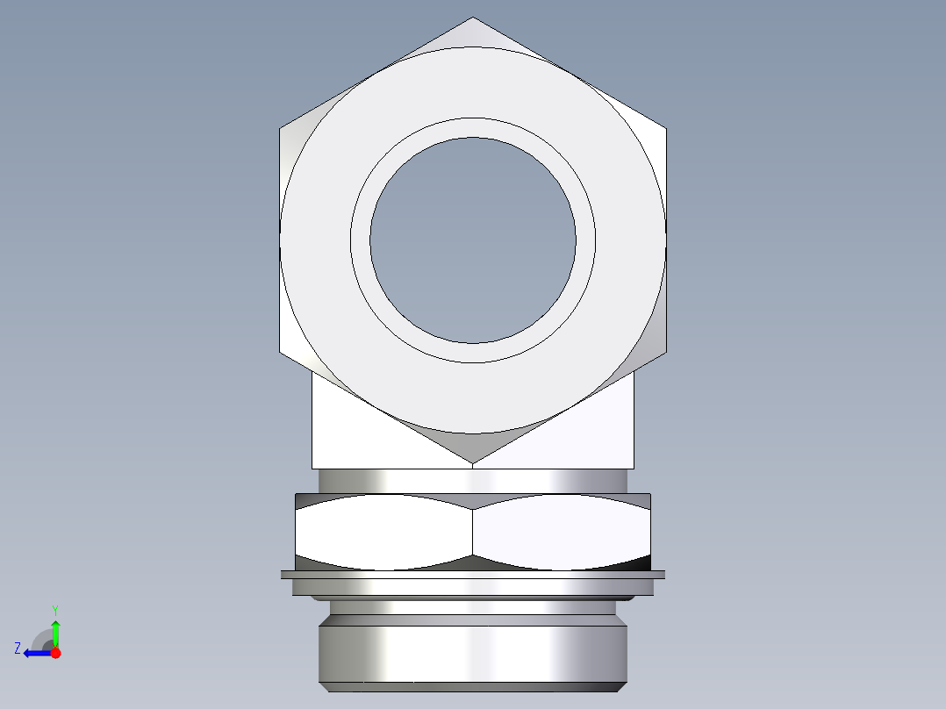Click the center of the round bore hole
point(473,240)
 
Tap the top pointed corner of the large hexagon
point(473,18)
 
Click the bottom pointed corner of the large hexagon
point(473,463)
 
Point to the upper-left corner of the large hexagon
point(281,129)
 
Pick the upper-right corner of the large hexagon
point(665,129)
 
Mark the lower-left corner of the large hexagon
point(281,353)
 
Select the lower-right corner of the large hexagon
point(665,353)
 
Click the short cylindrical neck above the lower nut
point(473,480)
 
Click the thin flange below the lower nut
point(473,575)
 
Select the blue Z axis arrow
point(35,653)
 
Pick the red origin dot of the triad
point(55,653)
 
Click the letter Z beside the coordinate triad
point(18,648)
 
